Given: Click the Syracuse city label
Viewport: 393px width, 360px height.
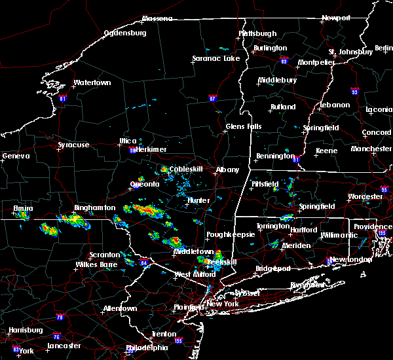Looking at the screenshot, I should [x=73, y=145].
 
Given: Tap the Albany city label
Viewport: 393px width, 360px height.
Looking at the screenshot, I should [x=228, y=170].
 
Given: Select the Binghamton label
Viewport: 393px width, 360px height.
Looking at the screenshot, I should [x=94, y=208].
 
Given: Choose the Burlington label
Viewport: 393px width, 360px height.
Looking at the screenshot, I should [x=271, y=48].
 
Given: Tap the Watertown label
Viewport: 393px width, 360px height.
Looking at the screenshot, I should [x=92, y=83].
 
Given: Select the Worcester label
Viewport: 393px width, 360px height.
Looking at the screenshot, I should [x=365, y=196].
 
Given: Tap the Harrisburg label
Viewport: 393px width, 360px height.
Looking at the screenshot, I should [x=26, y=331].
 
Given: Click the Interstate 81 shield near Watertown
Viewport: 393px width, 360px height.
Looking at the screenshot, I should [x=63, y=99].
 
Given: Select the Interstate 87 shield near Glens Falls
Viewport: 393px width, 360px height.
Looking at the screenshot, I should [x=212, y=98].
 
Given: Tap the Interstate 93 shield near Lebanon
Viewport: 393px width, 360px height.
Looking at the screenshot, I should [x=354, y=91].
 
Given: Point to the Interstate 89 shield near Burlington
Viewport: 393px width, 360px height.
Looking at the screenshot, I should [x=284, y=59].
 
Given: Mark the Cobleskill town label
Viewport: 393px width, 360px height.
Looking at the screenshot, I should [x=187, y=170].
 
